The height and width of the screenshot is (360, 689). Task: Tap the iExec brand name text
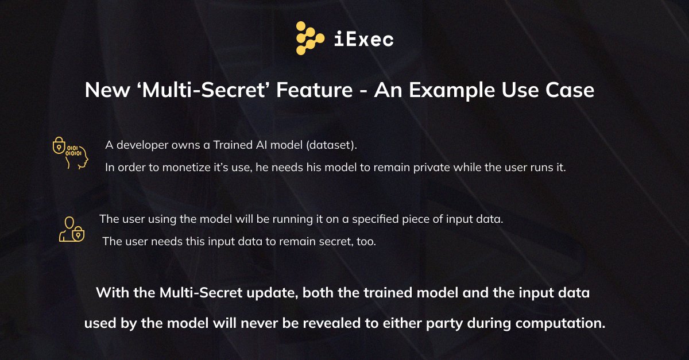tap(363, 39)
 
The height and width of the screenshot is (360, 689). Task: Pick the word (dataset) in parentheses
tap(331, 145)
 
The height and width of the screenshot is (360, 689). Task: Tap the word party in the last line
tap(446, 323)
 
